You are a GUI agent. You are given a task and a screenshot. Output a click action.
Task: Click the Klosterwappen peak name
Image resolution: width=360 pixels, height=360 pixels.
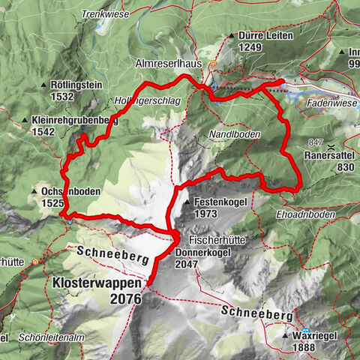[x=95, y=284]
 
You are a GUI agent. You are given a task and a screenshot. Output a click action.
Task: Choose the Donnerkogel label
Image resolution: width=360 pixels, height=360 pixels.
[x=214, y=253]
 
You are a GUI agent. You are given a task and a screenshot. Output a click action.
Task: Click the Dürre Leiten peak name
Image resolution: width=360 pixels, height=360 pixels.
[x=264, y=35]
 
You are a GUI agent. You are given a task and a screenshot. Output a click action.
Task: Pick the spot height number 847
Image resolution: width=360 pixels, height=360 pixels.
[x=315, y=142]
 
